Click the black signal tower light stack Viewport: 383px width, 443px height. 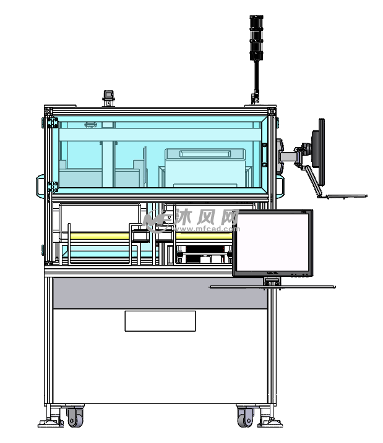[256, 38]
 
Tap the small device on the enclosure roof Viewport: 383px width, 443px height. [108, 98]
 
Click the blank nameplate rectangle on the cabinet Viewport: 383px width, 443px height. [160, 321]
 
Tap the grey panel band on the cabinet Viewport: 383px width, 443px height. [160, 293]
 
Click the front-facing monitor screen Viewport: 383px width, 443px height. [272, 242]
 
